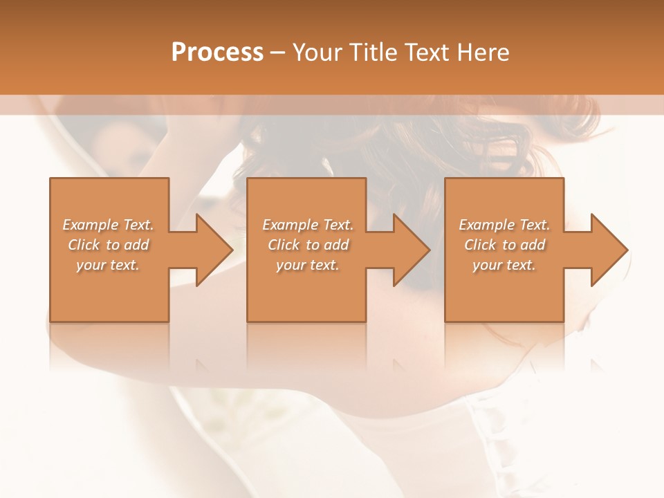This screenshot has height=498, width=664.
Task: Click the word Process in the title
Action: point(217,53)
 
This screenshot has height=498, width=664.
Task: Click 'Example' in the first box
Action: point(91,225)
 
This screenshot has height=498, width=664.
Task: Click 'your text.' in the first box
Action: point(108,265)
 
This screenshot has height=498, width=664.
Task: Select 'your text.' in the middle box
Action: point(308,265)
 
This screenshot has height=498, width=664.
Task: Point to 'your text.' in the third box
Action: point(504,265)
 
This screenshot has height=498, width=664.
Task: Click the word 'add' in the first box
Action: point(136,245)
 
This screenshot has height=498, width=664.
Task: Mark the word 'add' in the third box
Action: point(533,245)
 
